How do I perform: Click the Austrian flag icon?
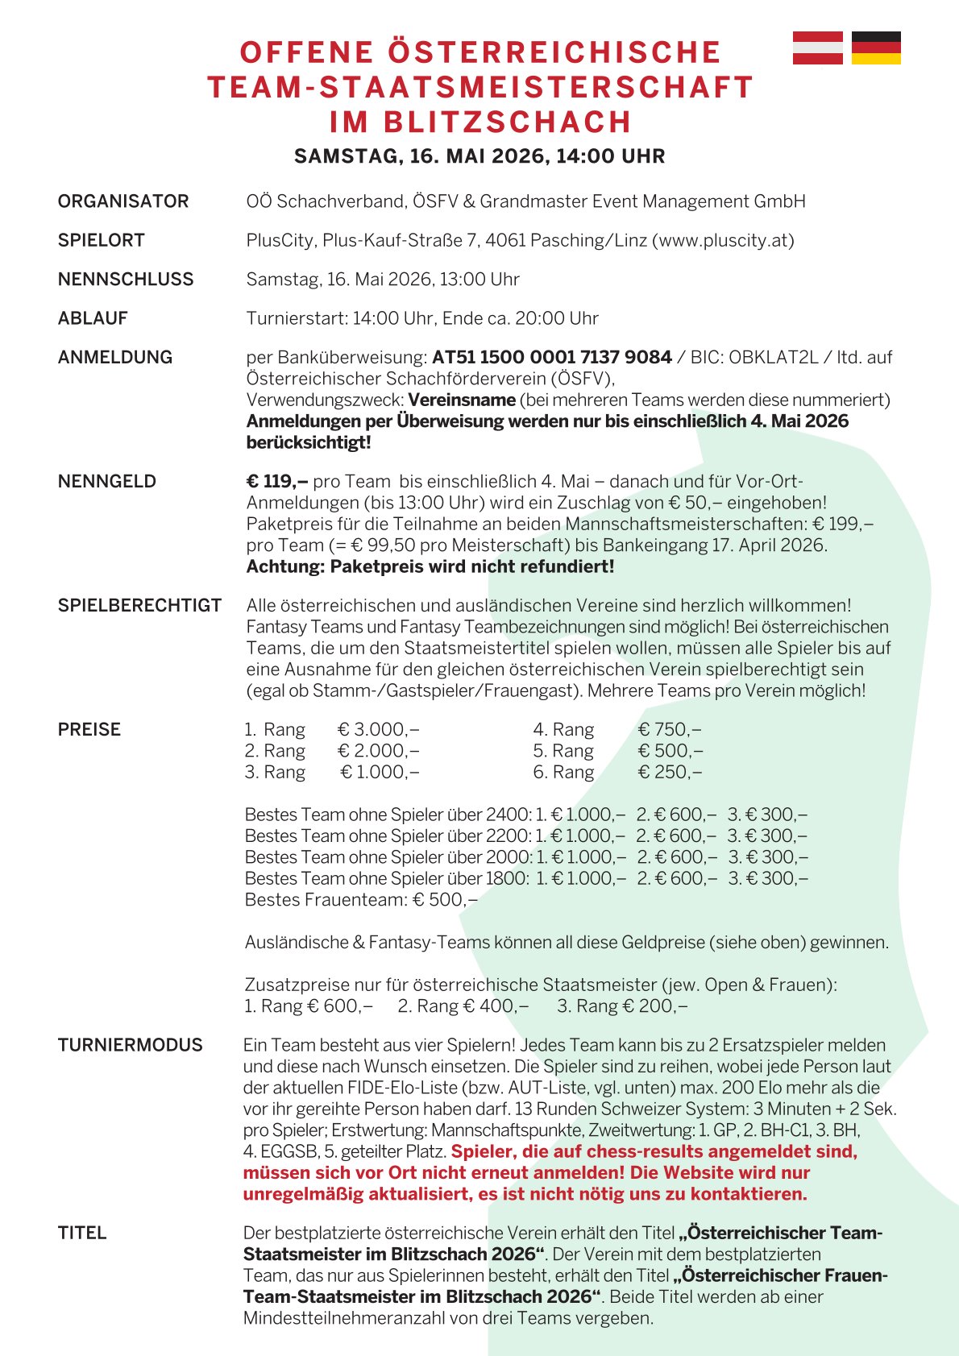point(817,48)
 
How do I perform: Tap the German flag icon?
point(876,48)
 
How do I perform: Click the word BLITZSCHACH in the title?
point(507,122)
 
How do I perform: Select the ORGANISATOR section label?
point(123,201)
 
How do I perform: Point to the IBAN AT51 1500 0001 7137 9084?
point(552,357)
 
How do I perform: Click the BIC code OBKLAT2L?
point(773,357)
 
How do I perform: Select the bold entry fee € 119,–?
point(277,482)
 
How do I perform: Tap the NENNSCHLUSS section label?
point(126,280)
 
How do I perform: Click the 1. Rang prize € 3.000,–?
point(378,730)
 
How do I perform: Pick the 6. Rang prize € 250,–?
point(670,773)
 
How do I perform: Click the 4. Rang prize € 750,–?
point(670,730)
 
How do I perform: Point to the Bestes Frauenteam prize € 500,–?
point(445,900)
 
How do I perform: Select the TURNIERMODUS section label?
point(131,1045)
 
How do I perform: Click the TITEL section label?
point(82,1233)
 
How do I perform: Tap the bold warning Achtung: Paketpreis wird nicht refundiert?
point(430,566)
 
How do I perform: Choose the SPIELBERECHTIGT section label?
point(139,606)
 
